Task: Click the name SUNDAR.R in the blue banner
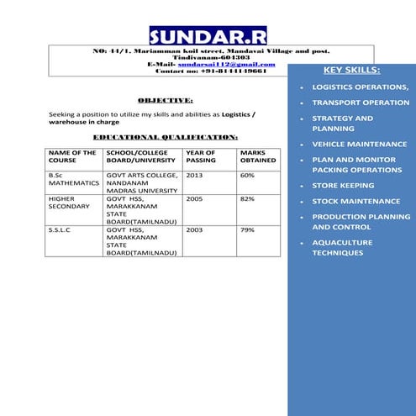208,36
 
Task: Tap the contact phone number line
210,71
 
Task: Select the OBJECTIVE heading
166,99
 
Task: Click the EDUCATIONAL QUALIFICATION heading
165,135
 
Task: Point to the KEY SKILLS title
351,70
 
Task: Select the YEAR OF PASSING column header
202,156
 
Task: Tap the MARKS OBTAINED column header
258,156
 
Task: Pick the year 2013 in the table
195,176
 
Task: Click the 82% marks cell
248,199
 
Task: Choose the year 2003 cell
195,229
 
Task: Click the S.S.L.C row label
61,229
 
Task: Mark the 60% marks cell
248,176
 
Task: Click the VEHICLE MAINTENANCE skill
359,145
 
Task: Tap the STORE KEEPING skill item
343,186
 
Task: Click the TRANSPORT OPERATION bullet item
361,103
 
